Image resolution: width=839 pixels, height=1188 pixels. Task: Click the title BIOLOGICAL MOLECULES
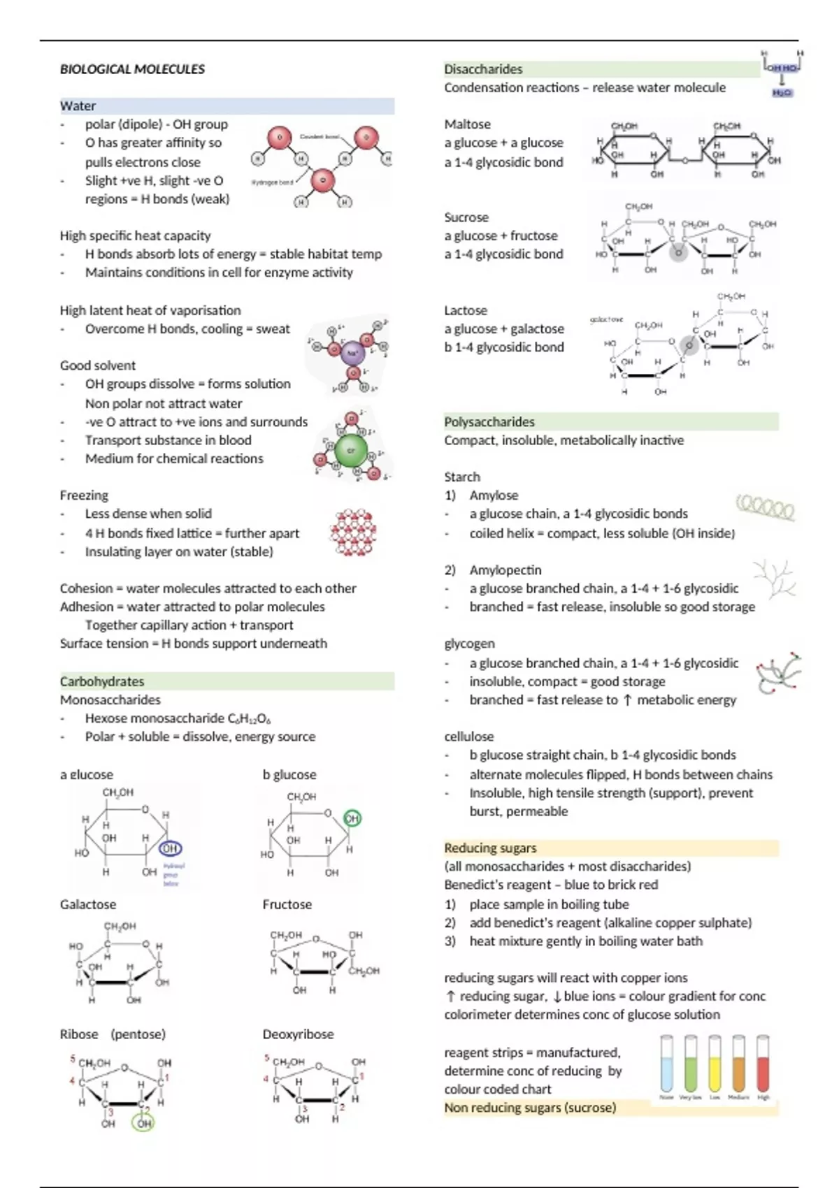tap(132, 69)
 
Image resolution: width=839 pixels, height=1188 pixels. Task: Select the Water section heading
tap(78, 106)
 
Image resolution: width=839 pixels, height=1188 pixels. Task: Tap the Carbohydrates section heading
tap(102, 681)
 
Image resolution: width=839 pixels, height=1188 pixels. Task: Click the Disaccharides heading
tap(483, 69)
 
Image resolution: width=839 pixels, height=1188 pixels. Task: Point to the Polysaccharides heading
tap(489, 422)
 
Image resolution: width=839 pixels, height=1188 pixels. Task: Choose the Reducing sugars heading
tap(490, 848)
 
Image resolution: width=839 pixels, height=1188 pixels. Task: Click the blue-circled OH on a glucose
tap(171, 848)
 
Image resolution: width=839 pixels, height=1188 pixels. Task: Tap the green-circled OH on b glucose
tap(352, 818)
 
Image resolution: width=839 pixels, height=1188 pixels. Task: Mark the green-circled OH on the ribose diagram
tap(144, 1123)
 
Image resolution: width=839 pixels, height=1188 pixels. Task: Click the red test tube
tap(763, 1064)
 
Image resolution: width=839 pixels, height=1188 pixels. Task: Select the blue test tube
tap(667, 1064)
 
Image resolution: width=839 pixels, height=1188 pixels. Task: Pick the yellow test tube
tap(715, 1064)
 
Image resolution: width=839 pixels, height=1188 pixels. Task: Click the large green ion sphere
tap(352, 451)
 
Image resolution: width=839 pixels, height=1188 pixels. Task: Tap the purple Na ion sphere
tap(352, 354)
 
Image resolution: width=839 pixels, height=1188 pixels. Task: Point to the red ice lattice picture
tap(354, 533)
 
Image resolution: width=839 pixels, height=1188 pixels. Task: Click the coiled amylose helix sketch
tap(766, 507)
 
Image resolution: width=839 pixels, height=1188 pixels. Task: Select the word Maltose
tap(467, 124)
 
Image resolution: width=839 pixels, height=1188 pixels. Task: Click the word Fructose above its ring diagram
tap(287, 904)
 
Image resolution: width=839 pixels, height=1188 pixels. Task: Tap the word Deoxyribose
tap(298, 1034)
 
